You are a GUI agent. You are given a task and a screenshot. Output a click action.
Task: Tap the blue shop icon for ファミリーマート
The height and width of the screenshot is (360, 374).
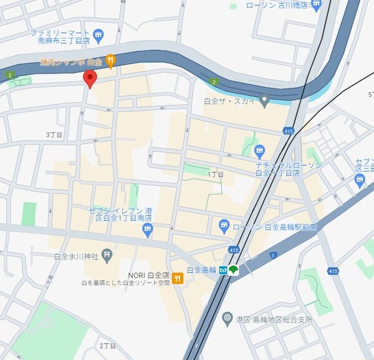pyautogui.click(x=98, y=35)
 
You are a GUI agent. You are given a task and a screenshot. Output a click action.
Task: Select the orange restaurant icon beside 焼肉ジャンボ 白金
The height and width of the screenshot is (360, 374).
pyautogui.click(x=110, y=60)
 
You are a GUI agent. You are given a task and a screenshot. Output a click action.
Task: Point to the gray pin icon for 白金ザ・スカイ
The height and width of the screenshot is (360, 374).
pyautogui.click(x=264, y=100)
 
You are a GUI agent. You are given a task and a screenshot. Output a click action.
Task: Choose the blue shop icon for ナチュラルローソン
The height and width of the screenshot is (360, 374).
pyautogui.click(x=260, y=150)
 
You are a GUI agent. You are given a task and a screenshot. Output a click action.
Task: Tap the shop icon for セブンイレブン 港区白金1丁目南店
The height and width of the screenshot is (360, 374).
pyautogui.click(x=147, y=231)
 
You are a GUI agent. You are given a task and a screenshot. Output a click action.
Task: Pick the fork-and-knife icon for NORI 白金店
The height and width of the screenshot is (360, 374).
pyautogui.click(x=178, y=279)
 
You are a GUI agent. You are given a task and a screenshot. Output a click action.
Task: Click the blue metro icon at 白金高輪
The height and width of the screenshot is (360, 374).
pyautogui.click(x=223, y=270)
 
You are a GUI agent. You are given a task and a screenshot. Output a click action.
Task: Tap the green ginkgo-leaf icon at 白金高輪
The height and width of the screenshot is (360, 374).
pyautogui.click(x=234, y=270)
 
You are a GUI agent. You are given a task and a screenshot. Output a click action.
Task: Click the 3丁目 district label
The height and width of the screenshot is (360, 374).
pyautogui.click(x=55, y=135)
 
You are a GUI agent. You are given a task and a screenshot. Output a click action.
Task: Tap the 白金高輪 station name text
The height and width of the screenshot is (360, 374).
pyautogui.click(x=201, y=270)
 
